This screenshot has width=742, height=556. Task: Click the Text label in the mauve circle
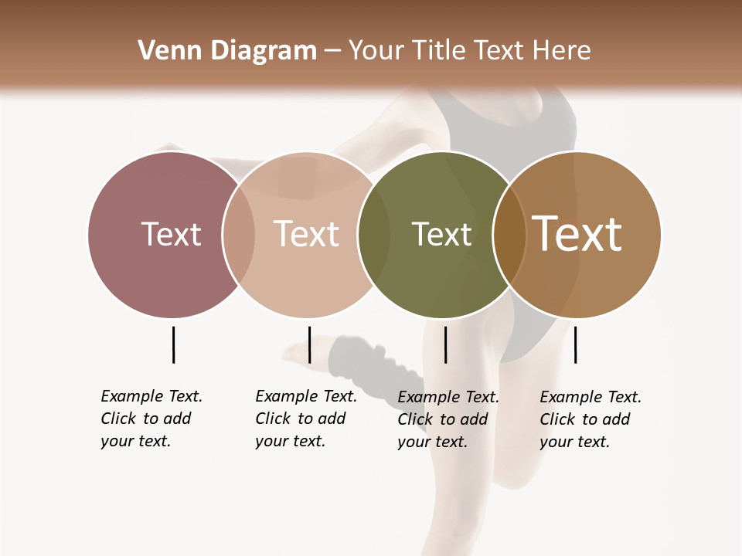[171, 234]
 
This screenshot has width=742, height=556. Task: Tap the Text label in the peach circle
[306, 234]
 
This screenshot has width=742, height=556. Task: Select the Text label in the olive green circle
[441, 234]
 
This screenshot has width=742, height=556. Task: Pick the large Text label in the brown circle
[577, 234]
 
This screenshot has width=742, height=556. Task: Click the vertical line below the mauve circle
[173, 344]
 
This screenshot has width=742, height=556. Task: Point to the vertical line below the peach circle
[309, 344]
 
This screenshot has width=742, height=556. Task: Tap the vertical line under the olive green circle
[445, 344]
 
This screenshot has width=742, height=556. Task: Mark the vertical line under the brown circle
[575, 344]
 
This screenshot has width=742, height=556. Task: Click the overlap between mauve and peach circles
[239, 234]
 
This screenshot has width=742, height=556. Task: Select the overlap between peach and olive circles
[374, 234]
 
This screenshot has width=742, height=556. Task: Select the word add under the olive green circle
[475, 419]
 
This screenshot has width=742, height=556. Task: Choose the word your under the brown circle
[555, 442]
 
